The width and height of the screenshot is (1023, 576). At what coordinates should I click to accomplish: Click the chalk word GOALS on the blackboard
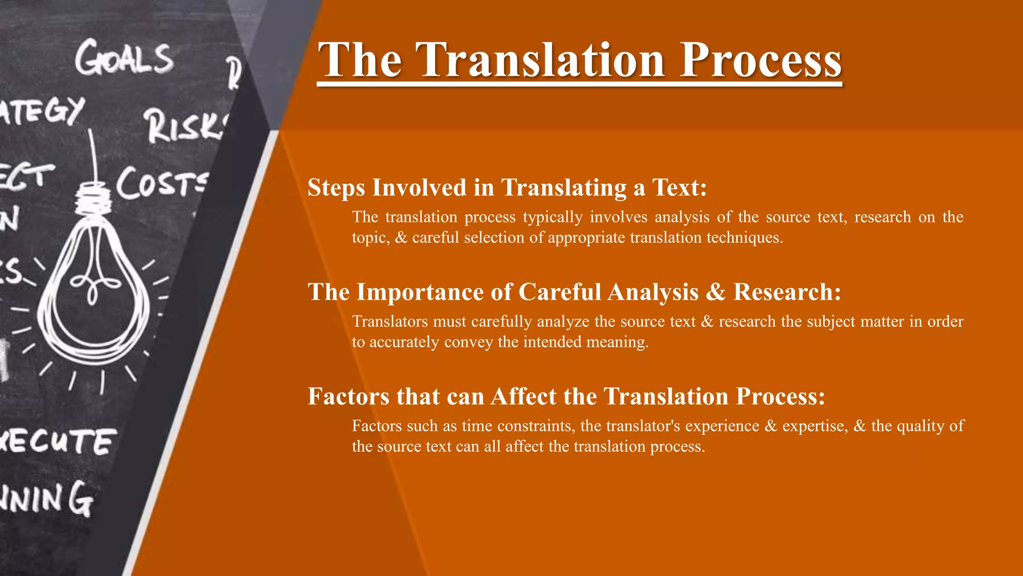(124, 59)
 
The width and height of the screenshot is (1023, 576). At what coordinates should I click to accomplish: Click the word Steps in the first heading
(337, 188)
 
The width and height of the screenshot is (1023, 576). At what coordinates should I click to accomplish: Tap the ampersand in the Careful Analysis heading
(715, 292)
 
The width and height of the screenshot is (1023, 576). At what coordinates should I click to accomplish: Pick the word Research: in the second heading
(787, 292)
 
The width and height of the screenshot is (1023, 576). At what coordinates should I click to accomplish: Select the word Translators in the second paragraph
(390, 321)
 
